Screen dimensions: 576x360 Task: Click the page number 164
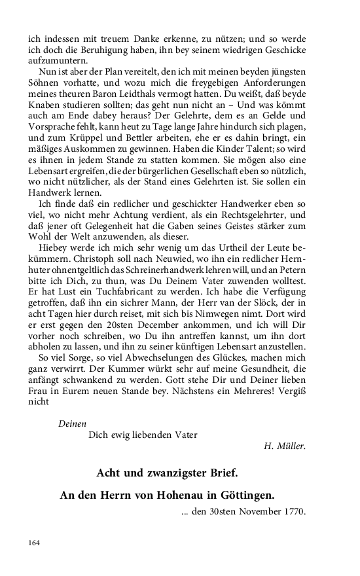(x=34, y=543)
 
